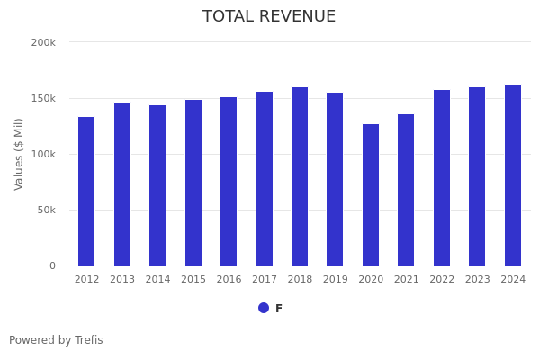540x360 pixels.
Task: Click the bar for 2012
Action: click(86, 191)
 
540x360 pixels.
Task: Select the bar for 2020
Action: click(371, 194)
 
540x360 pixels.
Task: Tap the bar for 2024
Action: click(513, 175)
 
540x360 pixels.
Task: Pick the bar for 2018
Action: click(300, 176)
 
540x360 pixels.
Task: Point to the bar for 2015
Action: click(193, 183)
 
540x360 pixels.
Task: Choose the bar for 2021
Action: click(406, 190)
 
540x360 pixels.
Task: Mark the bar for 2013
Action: click(122, 184)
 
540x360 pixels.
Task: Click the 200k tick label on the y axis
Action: click(43, 42)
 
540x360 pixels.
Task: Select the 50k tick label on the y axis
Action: click(46, 210)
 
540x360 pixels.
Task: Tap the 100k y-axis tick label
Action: click(43, 154)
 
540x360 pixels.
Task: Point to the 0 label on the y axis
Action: click(52, 265)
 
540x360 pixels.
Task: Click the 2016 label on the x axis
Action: click(229, 280)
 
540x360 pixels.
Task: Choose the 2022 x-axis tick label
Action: click(442, 280)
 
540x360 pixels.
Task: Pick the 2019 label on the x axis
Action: click(335, 280)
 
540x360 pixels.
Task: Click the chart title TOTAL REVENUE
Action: click(269, 17)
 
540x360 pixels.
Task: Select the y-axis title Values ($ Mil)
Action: click(20, 154)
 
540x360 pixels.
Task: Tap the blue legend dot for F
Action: click(264, 308)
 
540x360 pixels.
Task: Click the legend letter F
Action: click(279, 309)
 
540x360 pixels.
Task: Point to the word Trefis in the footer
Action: click(88, 340)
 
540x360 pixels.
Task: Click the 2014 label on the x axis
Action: click(157, 280)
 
